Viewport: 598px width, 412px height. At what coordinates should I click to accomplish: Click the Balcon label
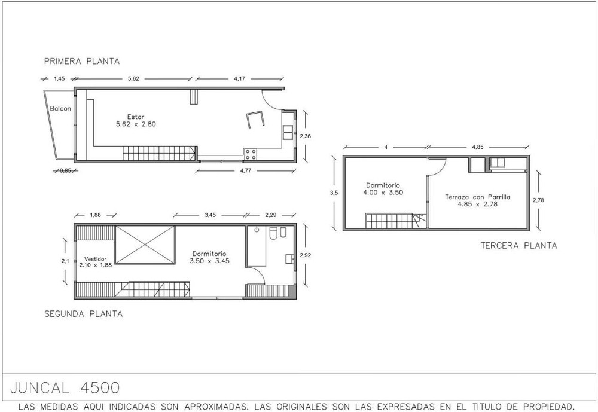(x=60, y=109)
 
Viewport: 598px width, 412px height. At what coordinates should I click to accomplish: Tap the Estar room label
(x=136, y=121)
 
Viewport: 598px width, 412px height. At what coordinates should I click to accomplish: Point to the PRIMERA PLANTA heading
(x=82, y=61)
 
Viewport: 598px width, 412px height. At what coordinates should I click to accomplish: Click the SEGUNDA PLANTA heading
(x=84, y=314)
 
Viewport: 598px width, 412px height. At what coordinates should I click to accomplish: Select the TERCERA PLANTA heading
(x=518, y=245)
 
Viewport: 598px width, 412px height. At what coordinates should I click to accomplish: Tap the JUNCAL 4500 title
(x=65, y=388)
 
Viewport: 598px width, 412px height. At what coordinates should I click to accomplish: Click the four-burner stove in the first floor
(x=251, y=154)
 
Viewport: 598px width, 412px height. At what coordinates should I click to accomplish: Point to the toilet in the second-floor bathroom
(x=273, y=233)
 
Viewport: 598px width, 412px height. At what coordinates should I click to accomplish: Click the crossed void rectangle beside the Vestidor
(x=145, y=245)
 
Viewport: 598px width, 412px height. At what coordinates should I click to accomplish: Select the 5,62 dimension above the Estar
(x=133, y=78)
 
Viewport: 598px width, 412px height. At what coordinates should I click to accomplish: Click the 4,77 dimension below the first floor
(x=246, y=170)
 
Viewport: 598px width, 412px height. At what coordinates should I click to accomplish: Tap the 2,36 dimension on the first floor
(x=305, y=136)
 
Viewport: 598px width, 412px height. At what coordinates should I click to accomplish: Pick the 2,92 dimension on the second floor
(x=305, y=255)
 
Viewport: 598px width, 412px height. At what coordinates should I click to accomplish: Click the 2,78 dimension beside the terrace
(x=538, y=200)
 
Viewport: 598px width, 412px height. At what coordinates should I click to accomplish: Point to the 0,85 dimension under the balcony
(x=65, y=170)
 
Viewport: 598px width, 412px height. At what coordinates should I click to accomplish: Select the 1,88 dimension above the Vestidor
(x=95, y=215)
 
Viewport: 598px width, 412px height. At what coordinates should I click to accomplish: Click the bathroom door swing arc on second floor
(x=258, y=273)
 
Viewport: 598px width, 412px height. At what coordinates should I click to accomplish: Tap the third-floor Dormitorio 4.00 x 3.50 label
(x=383, y=189)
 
